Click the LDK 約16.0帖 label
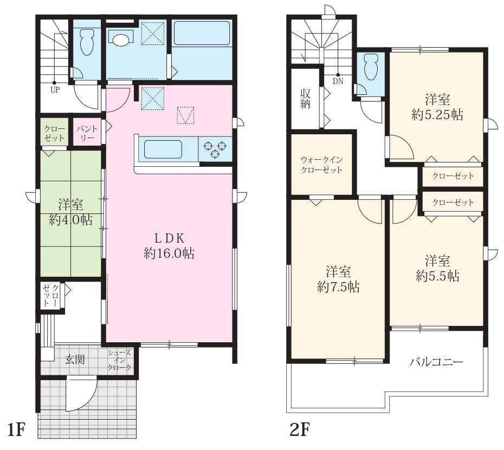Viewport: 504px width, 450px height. (x=169, y=246)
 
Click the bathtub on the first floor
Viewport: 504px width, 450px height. (x=202, y=33)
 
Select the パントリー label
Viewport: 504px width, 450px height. (x=87, y=133)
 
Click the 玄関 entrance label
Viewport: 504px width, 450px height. (x=75, y=360)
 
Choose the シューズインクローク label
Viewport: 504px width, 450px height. (x=120, y=360)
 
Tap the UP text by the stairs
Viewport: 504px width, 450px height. (x=55, y=89)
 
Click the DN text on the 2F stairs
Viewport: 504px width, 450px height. (x=338, y=81)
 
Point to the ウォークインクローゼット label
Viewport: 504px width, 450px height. (x=322, y=165)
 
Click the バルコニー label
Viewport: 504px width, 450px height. (x=436, y=362)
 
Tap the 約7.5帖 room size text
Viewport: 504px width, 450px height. (x=338, y=287)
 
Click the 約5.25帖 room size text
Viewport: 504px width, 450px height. (x=437, y=114)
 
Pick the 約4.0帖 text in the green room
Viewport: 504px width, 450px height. (x=70, y=220)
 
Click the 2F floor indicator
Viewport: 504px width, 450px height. (x=300, y=430)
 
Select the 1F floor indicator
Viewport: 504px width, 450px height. (x=16, y=430)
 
